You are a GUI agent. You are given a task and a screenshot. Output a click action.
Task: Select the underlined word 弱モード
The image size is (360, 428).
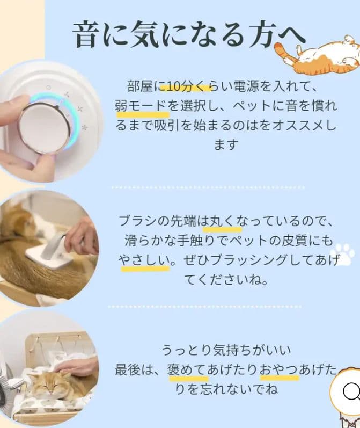click(142, 106)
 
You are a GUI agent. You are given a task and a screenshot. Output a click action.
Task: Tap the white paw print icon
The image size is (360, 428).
click(342, 254)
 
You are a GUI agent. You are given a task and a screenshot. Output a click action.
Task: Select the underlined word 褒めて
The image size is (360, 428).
click(188, 370)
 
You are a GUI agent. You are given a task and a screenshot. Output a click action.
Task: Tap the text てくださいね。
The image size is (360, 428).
click(226, 280)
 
